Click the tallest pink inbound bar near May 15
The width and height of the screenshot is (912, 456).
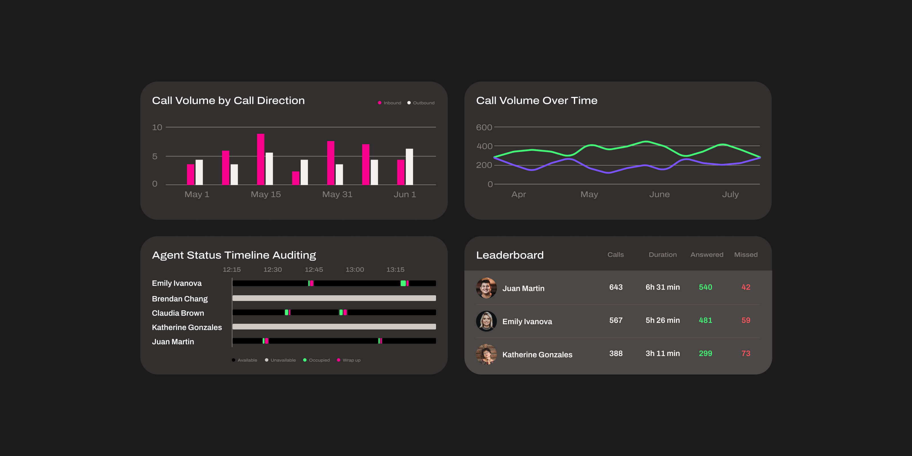(260, 159)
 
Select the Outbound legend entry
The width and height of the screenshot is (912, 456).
(421, 103)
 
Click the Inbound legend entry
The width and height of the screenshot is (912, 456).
(390, 103)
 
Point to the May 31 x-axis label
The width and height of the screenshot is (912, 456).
(337, 194)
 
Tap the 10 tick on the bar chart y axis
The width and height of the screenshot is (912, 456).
(157, 127)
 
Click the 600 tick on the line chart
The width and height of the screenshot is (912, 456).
(484, 127)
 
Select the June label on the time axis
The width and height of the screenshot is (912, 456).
(659, 194)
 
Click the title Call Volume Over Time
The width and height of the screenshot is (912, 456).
(536, 101)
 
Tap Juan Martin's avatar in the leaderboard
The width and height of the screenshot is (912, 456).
(486, 288)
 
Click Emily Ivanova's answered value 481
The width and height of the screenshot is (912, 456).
(705, 320)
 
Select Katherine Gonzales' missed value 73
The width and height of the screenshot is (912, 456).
(746, 353)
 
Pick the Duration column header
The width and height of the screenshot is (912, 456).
(662, 255)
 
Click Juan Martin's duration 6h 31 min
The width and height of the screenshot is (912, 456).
(662, 287)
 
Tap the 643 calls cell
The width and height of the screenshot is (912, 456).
(616, 287)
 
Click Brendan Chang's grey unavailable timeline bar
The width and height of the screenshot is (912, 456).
(334, 298)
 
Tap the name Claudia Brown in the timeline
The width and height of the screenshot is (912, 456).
(178, 313)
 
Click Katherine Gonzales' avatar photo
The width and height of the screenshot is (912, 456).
(486, 354)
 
